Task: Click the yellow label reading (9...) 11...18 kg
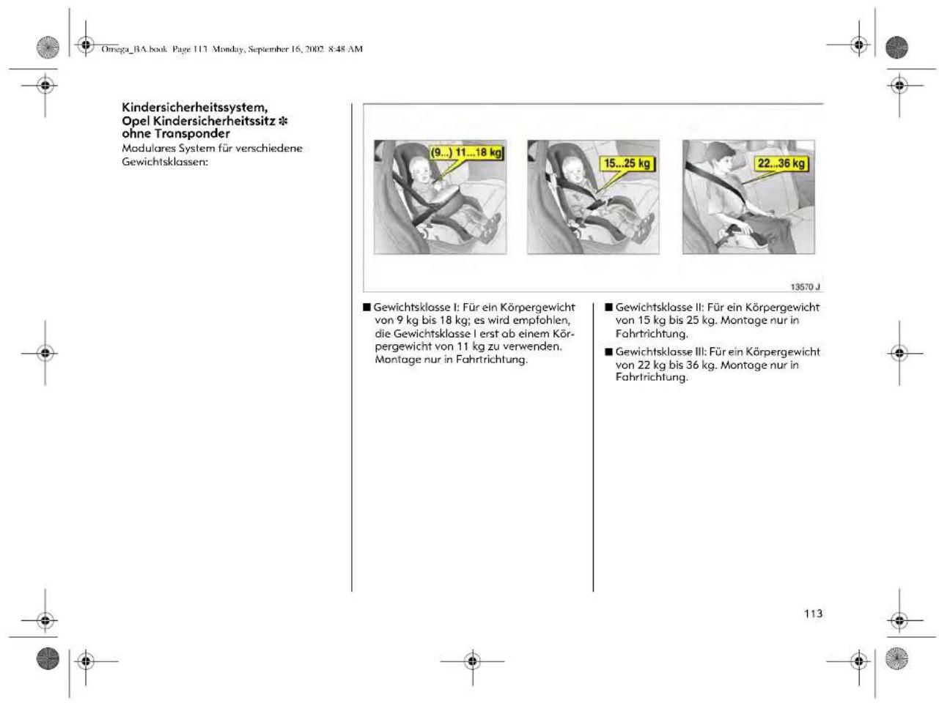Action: (x=466, y=152)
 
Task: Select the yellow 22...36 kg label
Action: (x=781, y=163)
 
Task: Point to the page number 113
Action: (x=813, y=614)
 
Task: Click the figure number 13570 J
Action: (x=805, y=286)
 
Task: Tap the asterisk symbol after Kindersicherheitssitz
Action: (x=283, y=121)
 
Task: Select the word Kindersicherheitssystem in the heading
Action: (x=194, y=107)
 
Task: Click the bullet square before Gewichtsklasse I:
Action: (x=367, y=308)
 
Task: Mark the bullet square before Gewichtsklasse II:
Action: (x=608, y=308)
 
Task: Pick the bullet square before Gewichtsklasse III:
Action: (x=608, y=351)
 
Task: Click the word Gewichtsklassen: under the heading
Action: (x=165, y=163)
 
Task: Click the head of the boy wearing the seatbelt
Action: (x=721, y=157)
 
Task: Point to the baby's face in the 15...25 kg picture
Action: (x=575, y=170)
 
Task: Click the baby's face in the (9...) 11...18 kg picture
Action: (x=421, y=170)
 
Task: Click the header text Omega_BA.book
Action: (x=134, y=49)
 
